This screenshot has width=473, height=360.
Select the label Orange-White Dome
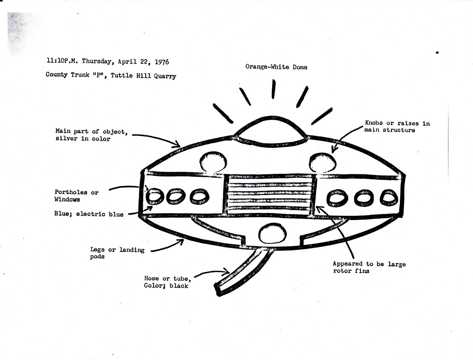pyautogui.click(x=276, y=67)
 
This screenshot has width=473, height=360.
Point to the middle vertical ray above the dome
pyautogui.click(x=274, y=89)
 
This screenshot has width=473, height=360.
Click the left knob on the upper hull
pyautogui.click(x=213, y=162)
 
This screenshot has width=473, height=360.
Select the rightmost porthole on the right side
pyautogui.click(x=389, y=198)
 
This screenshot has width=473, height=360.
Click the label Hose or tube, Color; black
pyautogui.click(x=167, y=282)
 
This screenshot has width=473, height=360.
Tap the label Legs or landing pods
pyautogui.click(x=117, y=253)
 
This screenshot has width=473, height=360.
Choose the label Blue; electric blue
pyautogui.click(x=89, y=214)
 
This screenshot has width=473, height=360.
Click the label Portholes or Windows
pyautogui.click(x=76, y=196)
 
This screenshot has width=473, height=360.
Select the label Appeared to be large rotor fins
pyautogui.click(x=369, y=267)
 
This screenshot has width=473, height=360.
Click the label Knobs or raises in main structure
pyautogui.click(x=397, y=127)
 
